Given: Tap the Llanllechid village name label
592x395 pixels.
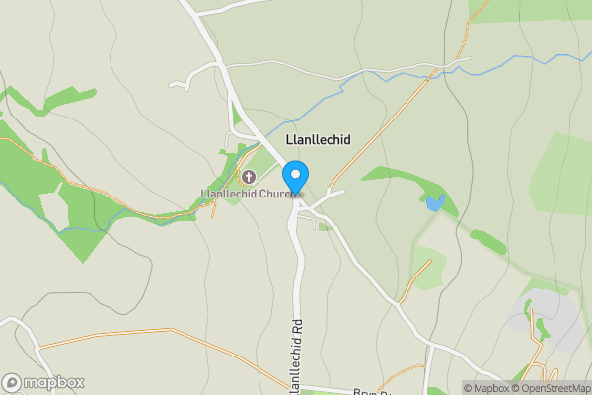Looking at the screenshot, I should [x=318, y=140].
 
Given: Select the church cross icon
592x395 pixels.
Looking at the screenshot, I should [x=247, y=177].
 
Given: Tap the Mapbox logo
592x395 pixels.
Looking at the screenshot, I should [x=43, y=382].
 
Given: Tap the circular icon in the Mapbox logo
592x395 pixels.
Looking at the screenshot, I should [x=12, y=382].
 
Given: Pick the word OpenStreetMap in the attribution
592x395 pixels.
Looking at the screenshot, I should [x=558, y=388].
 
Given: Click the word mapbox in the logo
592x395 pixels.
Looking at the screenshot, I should [x=54, y=382].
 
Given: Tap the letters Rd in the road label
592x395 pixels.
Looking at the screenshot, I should [x=293, y=326].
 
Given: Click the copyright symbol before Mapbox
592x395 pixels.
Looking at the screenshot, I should [x=469, y=388].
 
